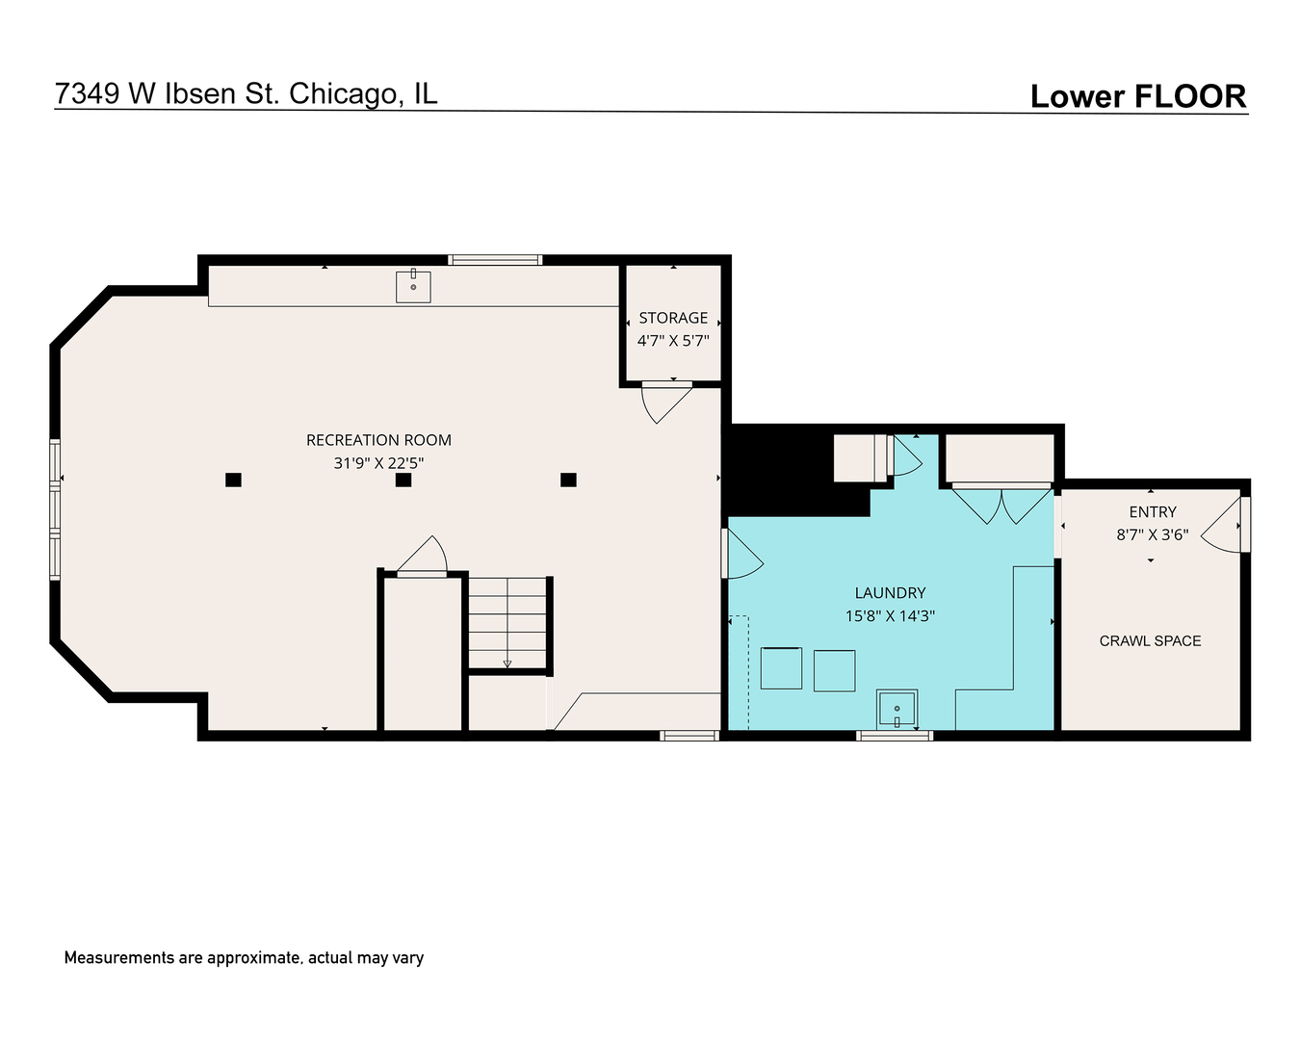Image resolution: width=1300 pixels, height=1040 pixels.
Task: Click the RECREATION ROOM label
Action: (x=378, y=440)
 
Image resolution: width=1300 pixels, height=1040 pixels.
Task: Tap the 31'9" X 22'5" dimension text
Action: (x=378, y=463)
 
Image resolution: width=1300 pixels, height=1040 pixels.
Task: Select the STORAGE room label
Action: (x=673, y=318)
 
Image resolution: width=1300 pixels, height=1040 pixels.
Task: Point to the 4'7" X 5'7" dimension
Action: (x=673, y=340)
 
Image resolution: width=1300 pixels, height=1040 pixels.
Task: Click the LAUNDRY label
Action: (x=890, y=593)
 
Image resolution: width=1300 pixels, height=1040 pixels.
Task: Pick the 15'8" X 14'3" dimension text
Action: (x=890, y=616)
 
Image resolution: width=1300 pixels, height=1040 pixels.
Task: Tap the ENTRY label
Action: (x=1153, y=512)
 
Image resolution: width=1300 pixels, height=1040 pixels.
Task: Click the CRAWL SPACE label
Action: (x=1150, y=641)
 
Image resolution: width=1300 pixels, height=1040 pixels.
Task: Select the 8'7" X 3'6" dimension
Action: (x=1153, y=534)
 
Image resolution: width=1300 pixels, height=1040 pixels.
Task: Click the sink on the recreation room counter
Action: (x=413, y=286)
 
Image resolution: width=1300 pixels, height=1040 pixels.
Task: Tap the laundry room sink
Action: (x=897, y=710)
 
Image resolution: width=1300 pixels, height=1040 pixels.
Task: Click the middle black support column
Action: (x=403, y=480)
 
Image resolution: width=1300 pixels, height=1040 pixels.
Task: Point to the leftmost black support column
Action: (x=233, y=480)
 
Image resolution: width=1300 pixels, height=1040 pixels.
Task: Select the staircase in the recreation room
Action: (x=507, y=622)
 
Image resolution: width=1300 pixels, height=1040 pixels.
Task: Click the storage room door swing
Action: (x=664, y=402)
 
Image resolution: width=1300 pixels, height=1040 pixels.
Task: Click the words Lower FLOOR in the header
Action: (x=1137, y=96)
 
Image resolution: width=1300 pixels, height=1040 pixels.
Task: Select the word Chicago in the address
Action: (x=342, y=93)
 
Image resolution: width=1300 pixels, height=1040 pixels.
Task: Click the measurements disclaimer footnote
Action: (x=244, y=958)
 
